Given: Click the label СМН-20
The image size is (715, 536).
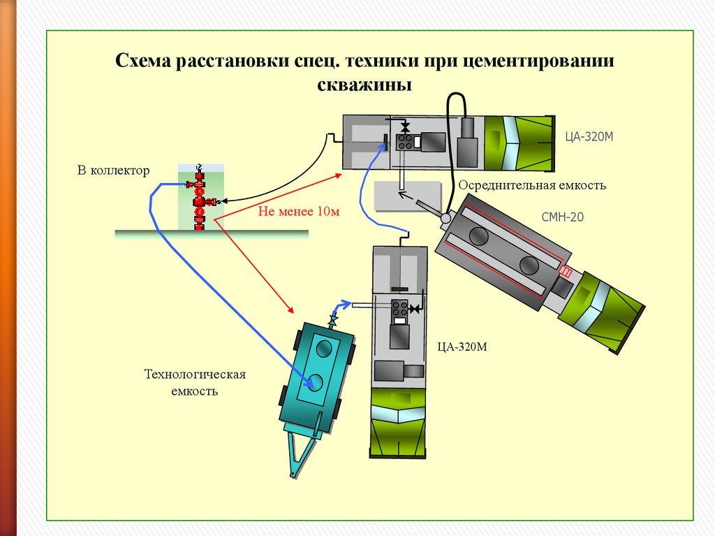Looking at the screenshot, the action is [562, 217].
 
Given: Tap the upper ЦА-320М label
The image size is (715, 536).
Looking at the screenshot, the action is [589, 136].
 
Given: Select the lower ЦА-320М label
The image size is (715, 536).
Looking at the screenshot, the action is [462, 347].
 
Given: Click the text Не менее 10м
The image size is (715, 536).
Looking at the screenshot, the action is [299, 211].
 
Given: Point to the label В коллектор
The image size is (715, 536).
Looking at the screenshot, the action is [113, 171].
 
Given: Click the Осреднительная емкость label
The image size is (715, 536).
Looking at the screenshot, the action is [531, 185].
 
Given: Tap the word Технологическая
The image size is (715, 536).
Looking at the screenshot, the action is [195, 375].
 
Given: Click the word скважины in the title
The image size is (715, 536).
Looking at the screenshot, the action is [364, 85].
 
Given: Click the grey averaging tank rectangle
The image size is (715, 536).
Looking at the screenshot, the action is [408, 196].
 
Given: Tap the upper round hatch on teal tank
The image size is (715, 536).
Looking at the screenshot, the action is [324, 348].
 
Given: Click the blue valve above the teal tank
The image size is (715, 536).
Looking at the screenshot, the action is [333, 319].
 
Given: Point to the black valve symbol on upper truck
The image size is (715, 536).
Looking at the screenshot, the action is [404, 127].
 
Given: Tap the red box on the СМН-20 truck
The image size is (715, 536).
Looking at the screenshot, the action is [566, 272].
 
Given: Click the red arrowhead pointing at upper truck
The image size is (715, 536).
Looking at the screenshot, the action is [338, 175].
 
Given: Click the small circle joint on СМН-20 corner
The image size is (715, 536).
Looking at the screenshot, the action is [445, 218].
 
